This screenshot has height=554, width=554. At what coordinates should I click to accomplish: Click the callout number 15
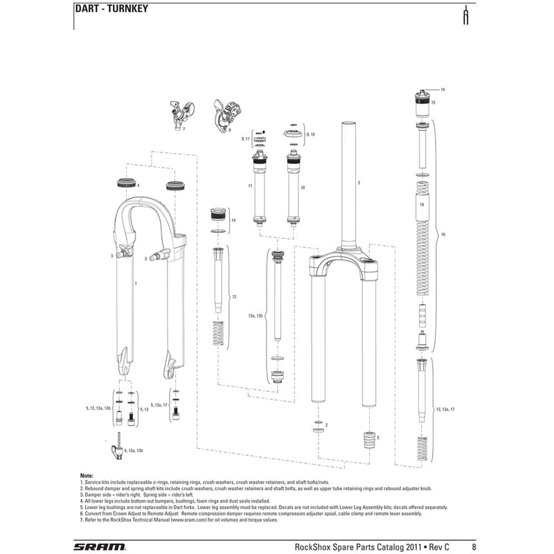click(433, 102)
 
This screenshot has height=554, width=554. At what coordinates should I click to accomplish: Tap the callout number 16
click(443, 235)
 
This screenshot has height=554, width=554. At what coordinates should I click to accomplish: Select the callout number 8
click(229, 129)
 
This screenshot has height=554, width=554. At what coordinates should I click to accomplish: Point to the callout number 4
click(138, 186)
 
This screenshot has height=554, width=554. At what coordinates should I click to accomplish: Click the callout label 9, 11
click(244, 139)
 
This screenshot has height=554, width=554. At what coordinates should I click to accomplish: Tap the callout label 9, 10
click(310, 132)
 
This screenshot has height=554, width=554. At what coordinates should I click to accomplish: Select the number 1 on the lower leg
click(136, 284)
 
